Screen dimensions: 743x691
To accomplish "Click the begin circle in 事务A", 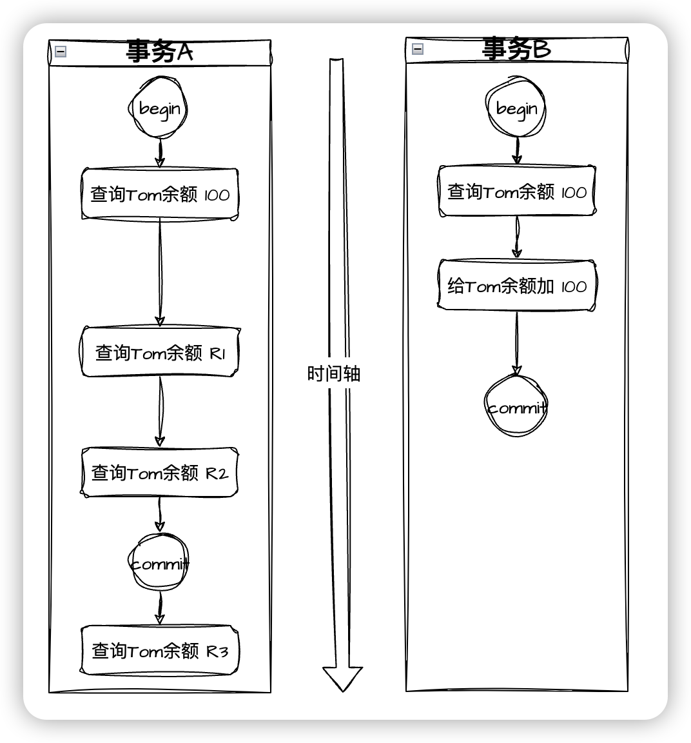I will pos(159,108).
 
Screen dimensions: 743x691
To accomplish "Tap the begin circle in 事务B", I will pos(516,108).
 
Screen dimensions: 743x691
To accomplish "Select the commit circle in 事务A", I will pos(160,564).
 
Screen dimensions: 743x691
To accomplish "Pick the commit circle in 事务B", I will pos(516,407).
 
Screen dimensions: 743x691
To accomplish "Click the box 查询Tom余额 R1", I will pos(160,352).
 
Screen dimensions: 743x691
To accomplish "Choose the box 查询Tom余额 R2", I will pos(160,473).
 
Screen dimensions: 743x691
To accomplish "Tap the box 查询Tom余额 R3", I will pos(160,650).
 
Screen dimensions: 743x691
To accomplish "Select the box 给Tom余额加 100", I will pos(517,286).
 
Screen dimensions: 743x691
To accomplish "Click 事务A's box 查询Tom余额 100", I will pos(160,194).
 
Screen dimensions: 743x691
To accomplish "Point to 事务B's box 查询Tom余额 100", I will pos(517,192).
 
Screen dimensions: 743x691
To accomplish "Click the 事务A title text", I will pos(159,52).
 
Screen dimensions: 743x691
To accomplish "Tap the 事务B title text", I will pos(516,49).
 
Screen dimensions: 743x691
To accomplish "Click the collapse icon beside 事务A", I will pos(61,52).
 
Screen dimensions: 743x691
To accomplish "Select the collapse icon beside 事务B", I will pos(418,48).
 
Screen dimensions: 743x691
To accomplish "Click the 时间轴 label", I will pos(333,373).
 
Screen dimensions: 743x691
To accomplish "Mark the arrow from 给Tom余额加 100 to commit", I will pos(516,342).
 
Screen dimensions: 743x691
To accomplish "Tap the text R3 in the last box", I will pos(217,651).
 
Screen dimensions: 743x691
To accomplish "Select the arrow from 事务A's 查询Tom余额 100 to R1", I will pos(160,271).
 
